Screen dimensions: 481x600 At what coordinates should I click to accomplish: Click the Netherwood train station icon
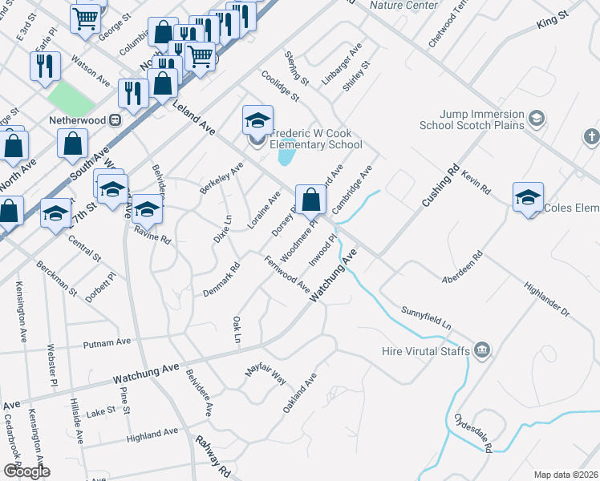115,120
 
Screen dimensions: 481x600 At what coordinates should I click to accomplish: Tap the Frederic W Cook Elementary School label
316,139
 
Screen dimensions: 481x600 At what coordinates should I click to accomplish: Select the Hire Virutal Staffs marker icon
482,350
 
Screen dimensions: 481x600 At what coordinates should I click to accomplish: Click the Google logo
26,471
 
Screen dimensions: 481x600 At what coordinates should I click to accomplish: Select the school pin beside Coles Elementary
528,197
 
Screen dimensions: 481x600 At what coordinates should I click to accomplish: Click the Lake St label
101,410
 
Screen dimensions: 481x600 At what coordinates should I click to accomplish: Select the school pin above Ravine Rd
147,210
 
